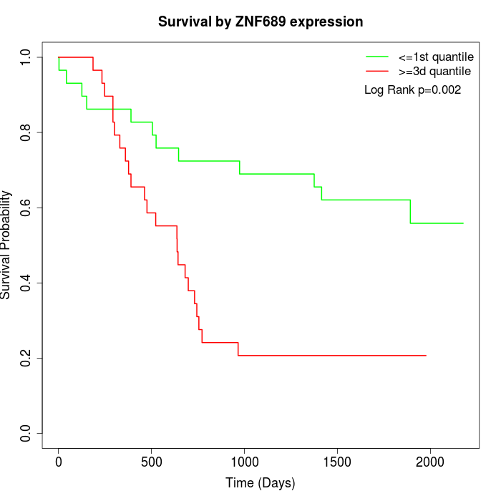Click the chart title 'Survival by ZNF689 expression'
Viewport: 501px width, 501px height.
[261, 21]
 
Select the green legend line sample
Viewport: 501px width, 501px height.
[377, 57]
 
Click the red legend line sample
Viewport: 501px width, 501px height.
[377, 71]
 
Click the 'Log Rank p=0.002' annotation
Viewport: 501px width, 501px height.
[412, 90]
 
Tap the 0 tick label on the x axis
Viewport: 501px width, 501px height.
[59, 461]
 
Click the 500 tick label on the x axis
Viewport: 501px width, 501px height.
[152, 461]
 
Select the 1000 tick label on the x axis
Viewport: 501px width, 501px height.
[244, 461]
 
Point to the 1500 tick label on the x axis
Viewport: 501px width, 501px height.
[337, 461]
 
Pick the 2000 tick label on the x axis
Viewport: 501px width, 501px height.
[429, 461]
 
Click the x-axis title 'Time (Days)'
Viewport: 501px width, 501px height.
[261, 483]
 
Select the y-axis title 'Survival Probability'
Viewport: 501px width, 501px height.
[7, 245]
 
